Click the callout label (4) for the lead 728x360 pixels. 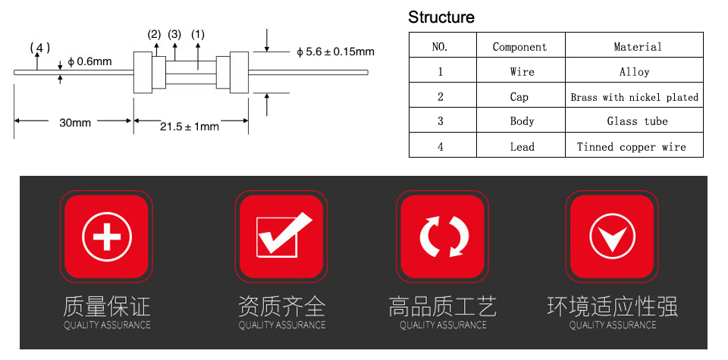click(40, 47)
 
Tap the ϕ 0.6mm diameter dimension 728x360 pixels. click(89, 61)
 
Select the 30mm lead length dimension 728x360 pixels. click(75, 123)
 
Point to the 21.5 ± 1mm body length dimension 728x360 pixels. click(190, 126)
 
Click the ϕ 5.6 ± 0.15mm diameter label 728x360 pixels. click(335, 52)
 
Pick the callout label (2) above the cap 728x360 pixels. click(154, 34)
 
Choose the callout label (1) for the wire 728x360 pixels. click(198, 34)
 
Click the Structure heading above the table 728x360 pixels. click(441, 17)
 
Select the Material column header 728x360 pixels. click(638, 47)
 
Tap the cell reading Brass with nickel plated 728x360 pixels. click(634, 98)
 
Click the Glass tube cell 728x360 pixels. click(637, 121)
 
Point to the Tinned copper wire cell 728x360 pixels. click(631, 147)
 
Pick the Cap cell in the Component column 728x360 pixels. click(519, 97)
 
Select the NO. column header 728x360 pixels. click(440, 47)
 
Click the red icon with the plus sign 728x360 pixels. click(106, 236)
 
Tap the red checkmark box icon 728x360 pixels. click(281, 236)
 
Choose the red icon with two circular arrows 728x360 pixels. click(442, 236)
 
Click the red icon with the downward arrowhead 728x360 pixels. click(612, 236)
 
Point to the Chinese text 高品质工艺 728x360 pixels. click(442, 307)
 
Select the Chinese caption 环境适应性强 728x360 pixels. click(613, 307)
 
